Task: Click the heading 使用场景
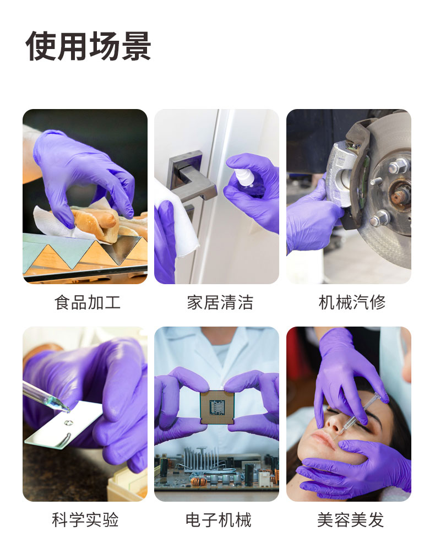coord(88,46)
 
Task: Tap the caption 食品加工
coord(88,302)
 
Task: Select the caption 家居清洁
coord(220,302)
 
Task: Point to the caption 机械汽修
coord(352,302)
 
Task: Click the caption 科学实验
coord(85,520)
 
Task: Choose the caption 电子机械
coord(219,520)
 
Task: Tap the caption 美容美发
coord(351,520)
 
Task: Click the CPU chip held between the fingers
coord(217,407)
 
